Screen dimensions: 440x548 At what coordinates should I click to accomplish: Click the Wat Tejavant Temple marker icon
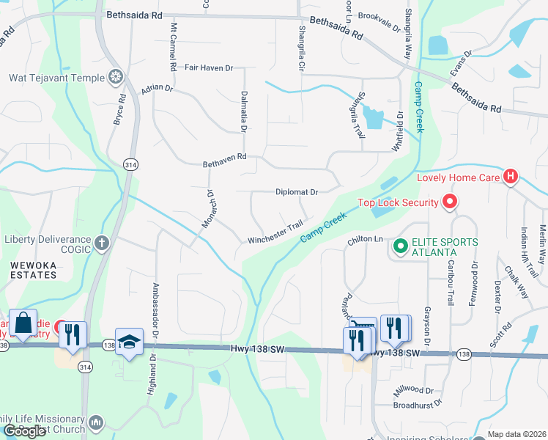[x=116, y=76]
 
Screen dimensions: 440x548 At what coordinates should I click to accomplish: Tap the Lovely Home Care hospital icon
[x=511, y=177]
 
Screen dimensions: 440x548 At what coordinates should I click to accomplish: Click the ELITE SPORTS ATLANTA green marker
[x=400, y=246]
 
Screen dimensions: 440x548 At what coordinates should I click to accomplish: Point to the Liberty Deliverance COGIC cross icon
[x=101, y=241]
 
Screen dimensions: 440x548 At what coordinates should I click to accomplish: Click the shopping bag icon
[x=23, y=324]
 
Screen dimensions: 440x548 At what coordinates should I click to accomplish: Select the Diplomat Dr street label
[x=296, y=192]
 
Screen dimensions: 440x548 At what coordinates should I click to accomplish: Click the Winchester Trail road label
[x=275, y=233]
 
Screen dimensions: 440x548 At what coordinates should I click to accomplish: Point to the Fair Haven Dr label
[x=209, y=67]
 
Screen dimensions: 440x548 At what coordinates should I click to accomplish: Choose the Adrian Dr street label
[x=157, y=88]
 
